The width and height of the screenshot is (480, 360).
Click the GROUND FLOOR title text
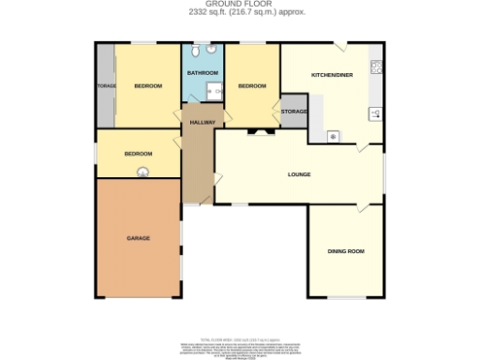coord(239,4)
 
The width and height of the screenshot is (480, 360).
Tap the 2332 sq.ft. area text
coord(239,11)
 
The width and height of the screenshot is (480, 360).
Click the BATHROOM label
coord(202,73)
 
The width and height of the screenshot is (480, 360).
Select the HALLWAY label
coord(203,122)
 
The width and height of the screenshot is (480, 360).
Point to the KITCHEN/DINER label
coord(332,74)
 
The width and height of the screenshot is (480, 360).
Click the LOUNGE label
coord(299,174)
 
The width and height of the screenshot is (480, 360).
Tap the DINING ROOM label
coord(345,251)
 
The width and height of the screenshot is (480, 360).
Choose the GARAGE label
coord(138,238)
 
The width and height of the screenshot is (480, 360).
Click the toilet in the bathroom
coord(212,50)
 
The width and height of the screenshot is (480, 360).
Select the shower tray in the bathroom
coord(214,92)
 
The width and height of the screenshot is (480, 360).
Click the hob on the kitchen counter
coord(376,67)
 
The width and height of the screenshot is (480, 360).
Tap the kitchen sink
coord(375,114)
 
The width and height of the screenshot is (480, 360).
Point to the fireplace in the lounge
coord(257,132)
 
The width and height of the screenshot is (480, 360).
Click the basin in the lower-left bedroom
coord(143,171)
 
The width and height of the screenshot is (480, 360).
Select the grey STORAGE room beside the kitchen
coord(293,112)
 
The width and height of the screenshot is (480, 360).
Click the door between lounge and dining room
coord(358,208)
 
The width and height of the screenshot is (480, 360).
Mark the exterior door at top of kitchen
coord(344,46)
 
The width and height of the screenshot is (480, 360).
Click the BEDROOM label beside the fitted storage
coord(147,86)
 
